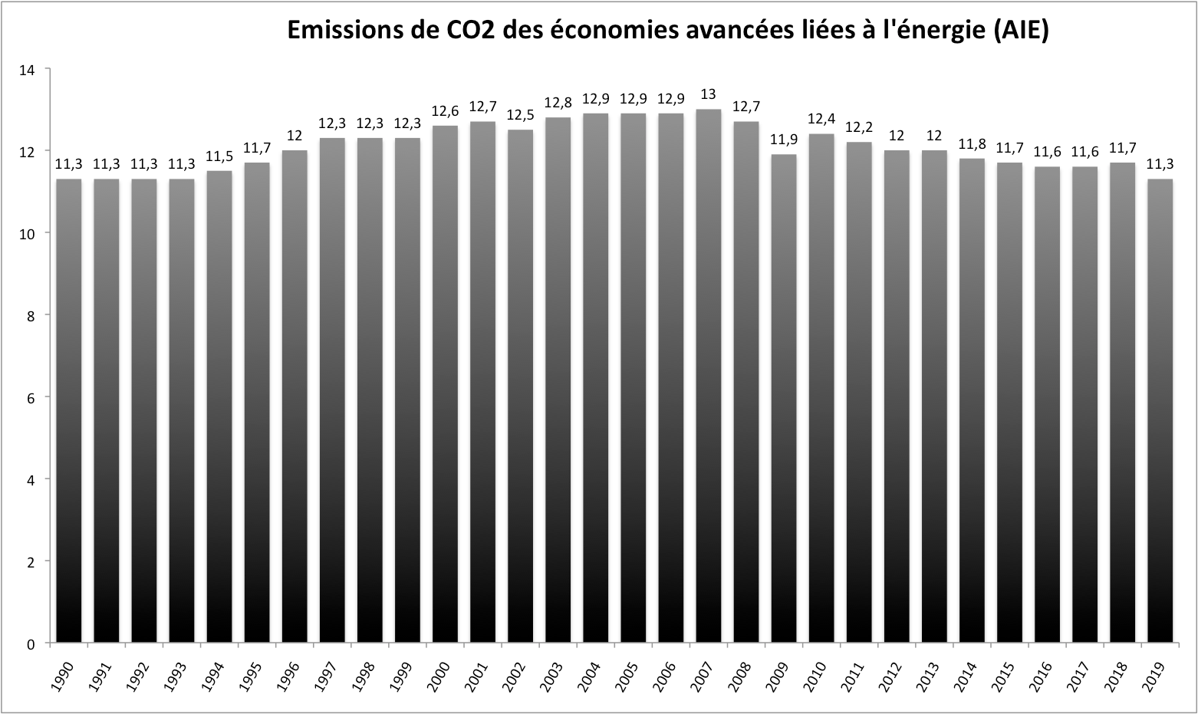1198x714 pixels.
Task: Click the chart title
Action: (667, 30)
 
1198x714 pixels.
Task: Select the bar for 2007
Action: (708, 376)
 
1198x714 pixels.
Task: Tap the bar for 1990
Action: (68, 410)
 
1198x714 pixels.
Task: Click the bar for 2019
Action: (1160, 410)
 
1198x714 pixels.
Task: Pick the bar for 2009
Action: (784, 398)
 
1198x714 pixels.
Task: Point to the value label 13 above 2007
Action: (708, 94)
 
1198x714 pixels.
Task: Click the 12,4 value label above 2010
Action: (821, 119)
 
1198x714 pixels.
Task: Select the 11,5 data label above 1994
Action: (219, 156)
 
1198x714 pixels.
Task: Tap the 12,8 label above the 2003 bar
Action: (558, 102)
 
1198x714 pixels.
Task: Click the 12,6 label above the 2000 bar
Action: (445, 110)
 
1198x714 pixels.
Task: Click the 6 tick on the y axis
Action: (31, 397)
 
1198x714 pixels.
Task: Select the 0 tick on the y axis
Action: (31, 644)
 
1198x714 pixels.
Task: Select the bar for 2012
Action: (897, 396)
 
